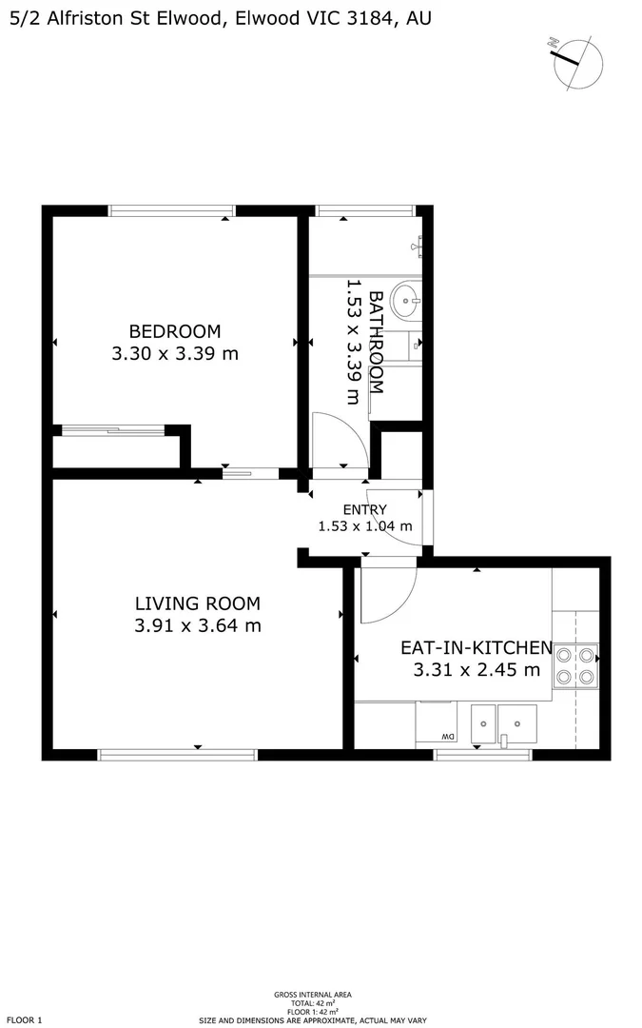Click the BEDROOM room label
[x=175, y=331]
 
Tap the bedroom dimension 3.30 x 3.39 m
[x=175, y=354]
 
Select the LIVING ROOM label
[x=198, y=603]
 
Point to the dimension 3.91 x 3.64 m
[x=198, y=625]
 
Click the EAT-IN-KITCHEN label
[x=477, y=647]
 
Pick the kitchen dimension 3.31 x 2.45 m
[x=477, y=669]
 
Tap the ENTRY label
[x=365, y=509]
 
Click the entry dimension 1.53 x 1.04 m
[x=365, y=525]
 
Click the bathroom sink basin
[x=407, y=301]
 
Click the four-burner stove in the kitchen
[x=575, y=665]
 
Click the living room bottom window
[x=178, y=755]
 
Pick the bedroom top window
[x=172, y=210]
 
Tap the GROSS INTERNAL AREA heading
[x=313, y=995]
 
